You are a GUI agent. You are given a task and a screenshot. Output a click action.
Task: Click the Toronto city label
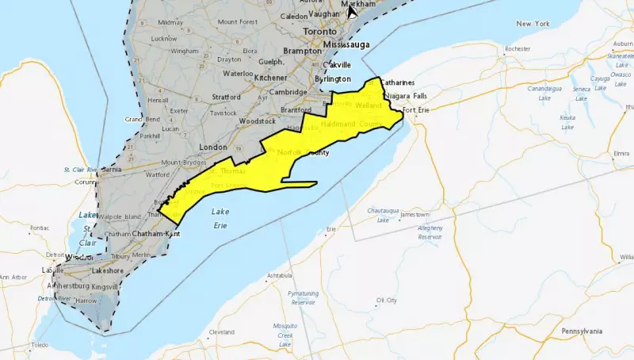pyautogui.click(x=319, y=31)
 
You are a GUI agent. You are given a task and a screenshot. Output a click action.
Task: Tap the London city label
pyautogui.click(x=216, y=147)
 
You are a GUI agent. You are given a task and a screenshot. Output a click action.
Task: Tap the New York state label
pyautogui.click(x=533, y=24)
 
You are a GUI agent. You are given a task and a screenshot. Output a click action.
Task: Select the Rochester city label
pyautogui.click(x=518, y=48)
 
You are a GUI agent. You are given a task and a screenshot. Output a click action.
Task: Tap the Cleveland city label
pyautogui.click(x=221, y=332)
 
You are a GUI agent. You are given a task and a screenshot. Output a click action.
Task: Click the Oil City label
pyautogui.click(x=386, y=301)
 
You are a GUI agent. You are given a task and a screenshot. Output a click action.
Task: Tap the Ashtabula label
pyautogui.click(x=280, y=275)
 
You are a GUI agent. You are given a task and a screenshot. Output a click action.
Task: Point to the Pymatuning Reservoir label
pyautogui.click(x=303, y=297)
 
